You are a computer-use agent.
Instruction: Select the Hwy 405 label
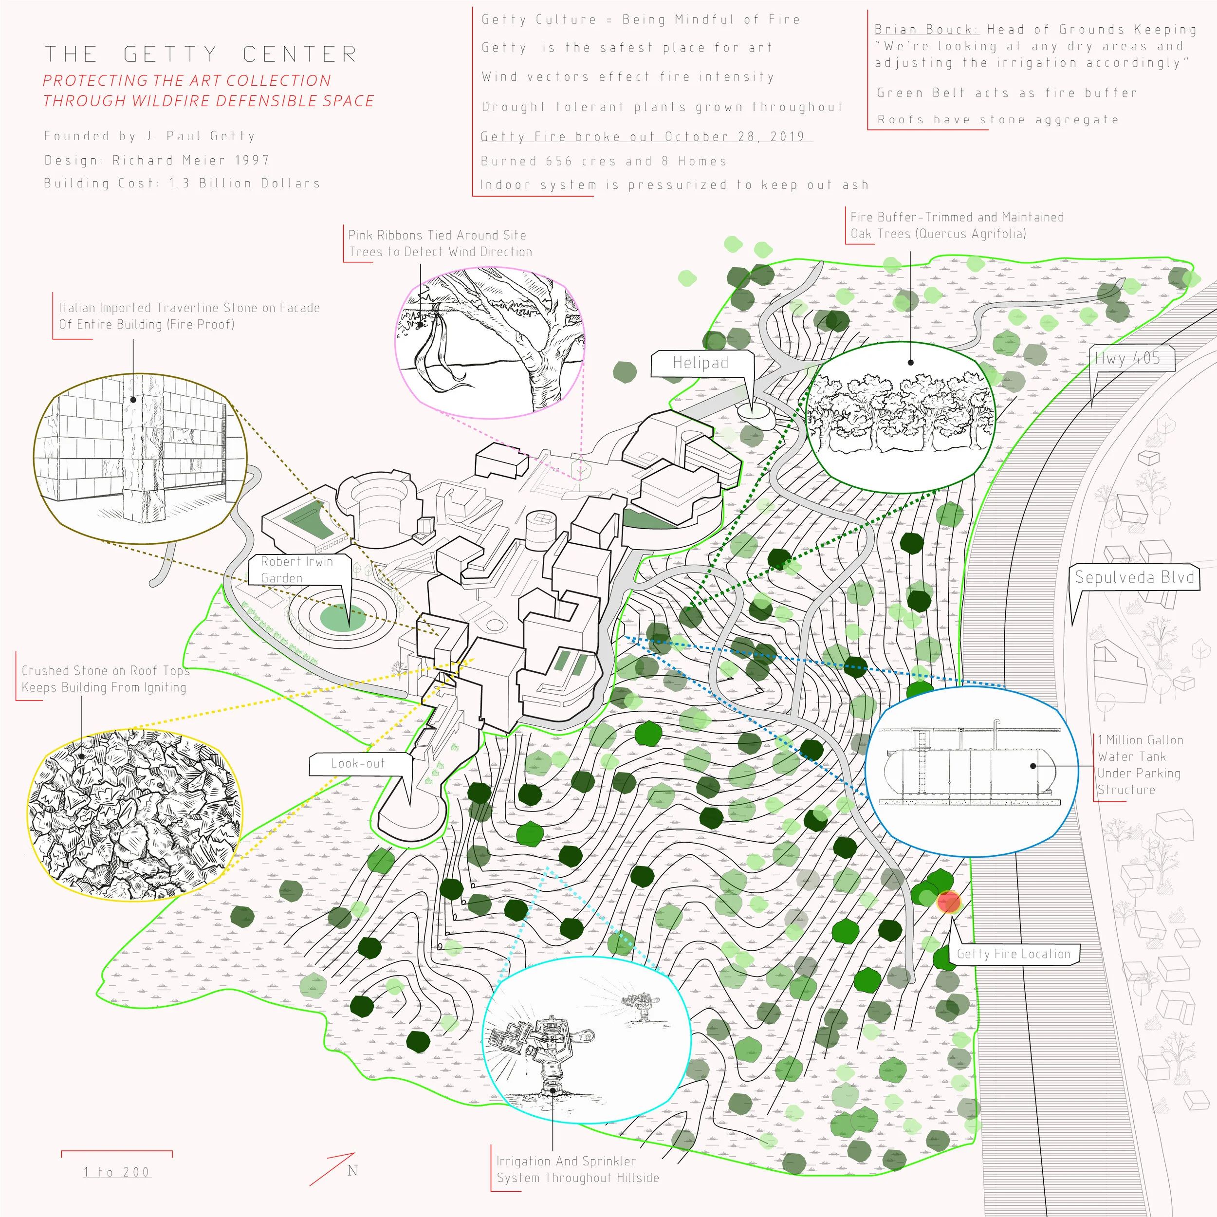click(x=1127, y=358)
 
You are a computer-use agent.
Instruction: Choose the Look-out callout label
click(x=357, y=763)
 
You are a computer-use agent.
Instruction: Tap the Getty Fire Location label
click(x=1014, y=954)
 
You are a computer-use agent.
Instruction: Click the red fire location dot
click(x=949, y=902)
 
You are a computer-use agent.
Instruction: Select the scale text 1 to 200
click(x=116, y=1172)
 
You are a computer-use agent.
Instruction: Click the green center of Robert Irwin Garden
click(x=343, y=617)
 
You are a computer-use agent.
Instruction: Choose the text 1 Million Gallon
click(x=1140, y=740)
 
